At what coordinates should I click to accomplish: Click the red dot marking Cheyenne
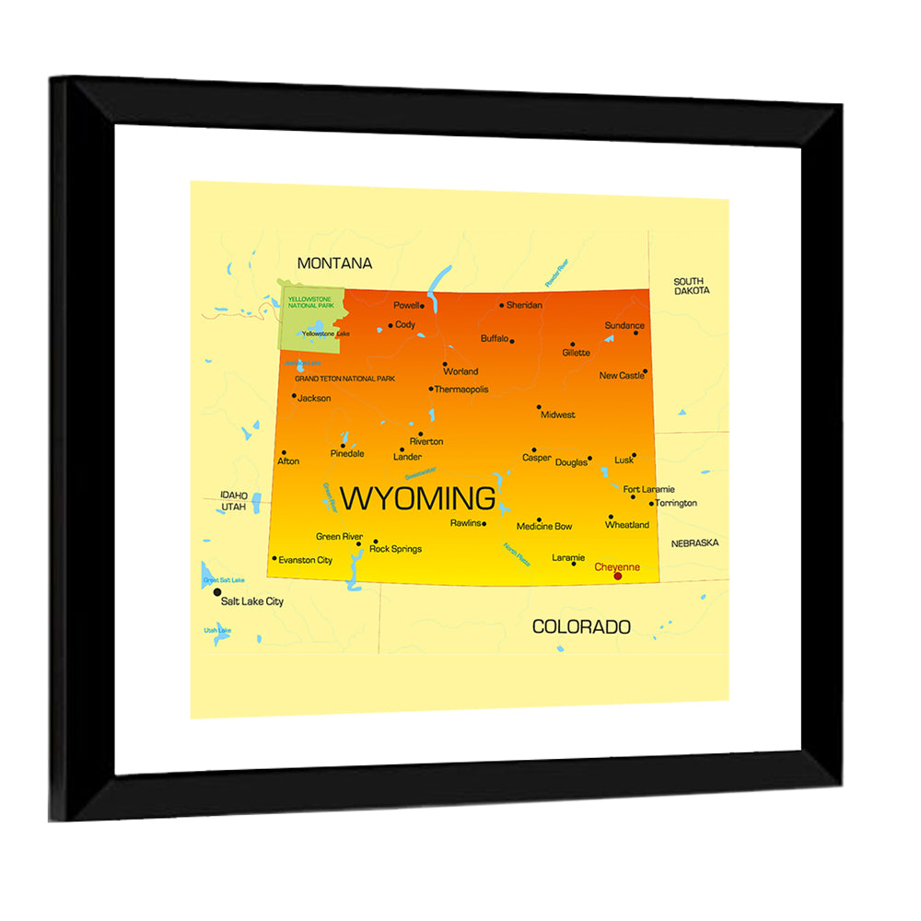pos(618,576)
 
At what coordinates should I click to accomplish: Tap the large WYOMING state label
pos(417,498)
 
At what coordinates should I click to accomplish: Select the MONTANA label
pos(334,263)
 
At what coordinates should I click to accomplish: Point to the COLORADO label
pos(581,627)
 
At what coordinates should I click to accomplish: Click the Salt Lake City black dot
pos(217,592)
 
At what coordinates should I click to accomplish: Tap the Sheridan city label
pos(524,305)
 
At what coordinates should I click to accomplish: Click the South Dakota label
pos(691,286)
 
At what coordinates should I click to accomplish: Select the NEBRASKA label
pos(694,543)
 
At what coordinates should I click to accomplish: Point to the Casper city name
pos(536,458)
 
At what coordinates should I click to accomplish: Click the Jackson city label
pos(314,399)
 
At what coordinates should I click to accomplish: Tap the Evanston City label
pos(305,560)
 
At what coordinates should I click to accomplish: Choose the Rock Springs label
pos(395,549)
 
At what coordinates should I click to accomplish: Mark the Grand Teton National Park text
pos(344,379)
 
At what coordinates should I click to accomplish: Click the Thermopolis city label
pos(461,390)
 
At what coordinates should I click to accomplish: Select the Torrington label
pos(676,503)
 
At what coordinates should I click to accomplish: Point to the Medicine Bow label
pos(543,527)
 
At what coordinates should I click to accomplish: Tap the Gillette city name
pos(577,353)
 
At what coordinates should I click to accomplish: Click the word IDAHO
pos(234,495)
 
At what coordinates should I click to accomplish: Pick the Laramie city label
pos(568,557)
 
